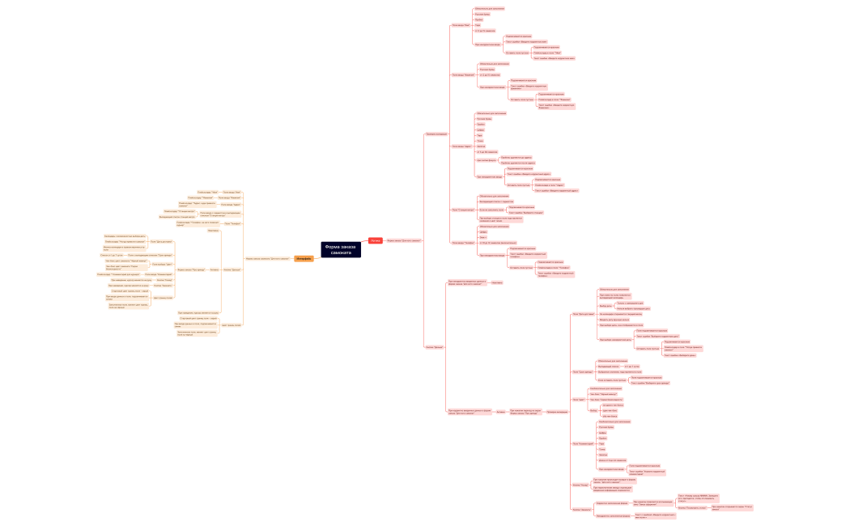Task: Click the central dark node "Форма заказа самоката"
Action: point(339,249)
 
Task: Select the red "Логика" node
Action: point(375,240)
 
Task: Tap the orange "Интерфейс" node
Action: point(303,258)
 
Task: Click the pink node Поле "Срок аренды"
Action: point(582,371)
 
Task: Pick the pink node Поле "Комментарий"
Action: point(583,443)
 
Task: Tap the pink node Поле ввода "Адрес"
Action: point(462,146)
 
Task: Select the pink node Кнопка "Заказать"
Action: point(580,509)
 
